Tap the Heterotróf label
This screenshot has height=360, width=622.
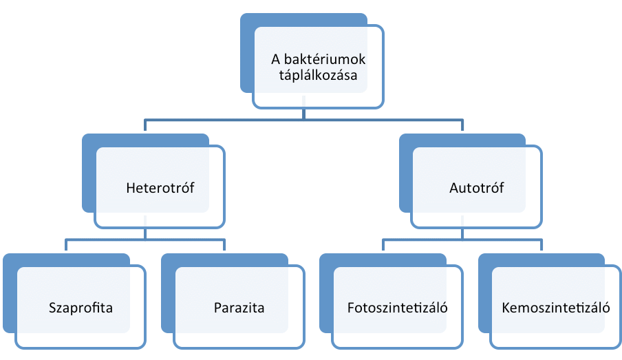pos(160,187)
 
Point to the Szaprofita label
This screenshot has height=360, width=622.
pos(81,307)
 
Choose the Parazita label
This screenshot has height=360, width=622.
pos(239,307)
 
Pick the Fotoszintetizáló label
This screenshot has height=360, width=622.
pos(398,307)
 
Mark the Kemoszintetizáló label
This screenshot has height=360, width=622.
pos(556,307)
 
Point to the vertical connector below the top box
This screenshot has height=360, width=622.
pos(303,114)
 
